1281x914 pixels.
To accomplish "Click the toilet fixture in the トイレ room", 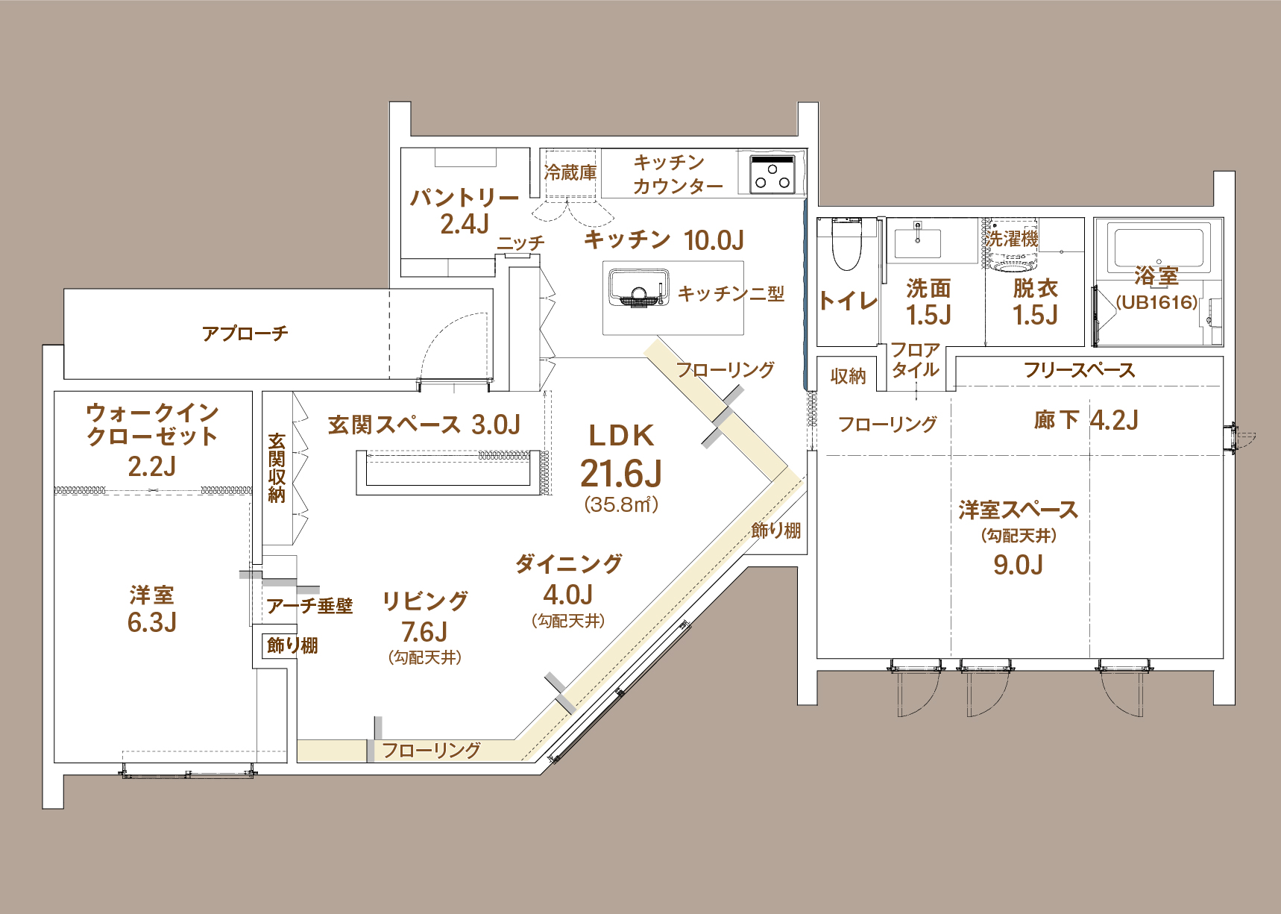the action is pos(846,242).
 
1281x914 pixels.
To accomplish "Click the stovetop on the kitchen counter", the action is pos(772,174).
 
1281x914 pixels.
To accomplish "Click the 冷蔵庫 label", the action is pos(570,173).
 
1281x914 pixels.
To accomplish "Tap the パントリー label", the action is pos(465,198).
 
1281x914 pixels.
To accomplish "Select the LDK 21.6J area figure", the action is pos(621,473).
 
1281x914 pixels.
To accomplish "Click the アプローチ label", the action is pos(245,334).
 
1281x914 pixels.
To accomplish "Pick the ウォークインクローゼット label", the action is pos(152,424).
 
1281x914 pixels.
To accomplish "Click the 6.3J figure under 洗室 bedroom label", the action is pos(152,622).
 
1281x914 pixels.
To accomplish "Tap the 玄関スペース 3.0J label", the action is pos(424,425).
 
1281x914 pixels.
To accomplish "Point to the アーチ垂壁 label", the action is pos(310,606).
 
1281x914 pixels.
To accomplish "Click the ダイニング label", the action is pos(569,564).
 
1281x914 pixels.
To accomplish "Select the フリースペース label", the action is pos(1079,370).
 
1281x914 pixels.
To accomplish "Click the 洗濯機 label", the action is pos(1013,239).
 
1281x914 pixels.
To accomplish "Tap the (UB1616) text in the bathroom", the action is pos(1157,302).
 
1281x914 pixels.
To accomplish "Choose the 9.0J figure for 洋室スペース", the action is pos(1019,565).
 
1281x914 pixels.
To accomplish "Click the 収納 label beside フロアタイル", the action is pos(849,376).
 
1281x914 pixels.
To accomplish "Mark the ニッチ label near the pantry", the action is pos(521,243).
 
